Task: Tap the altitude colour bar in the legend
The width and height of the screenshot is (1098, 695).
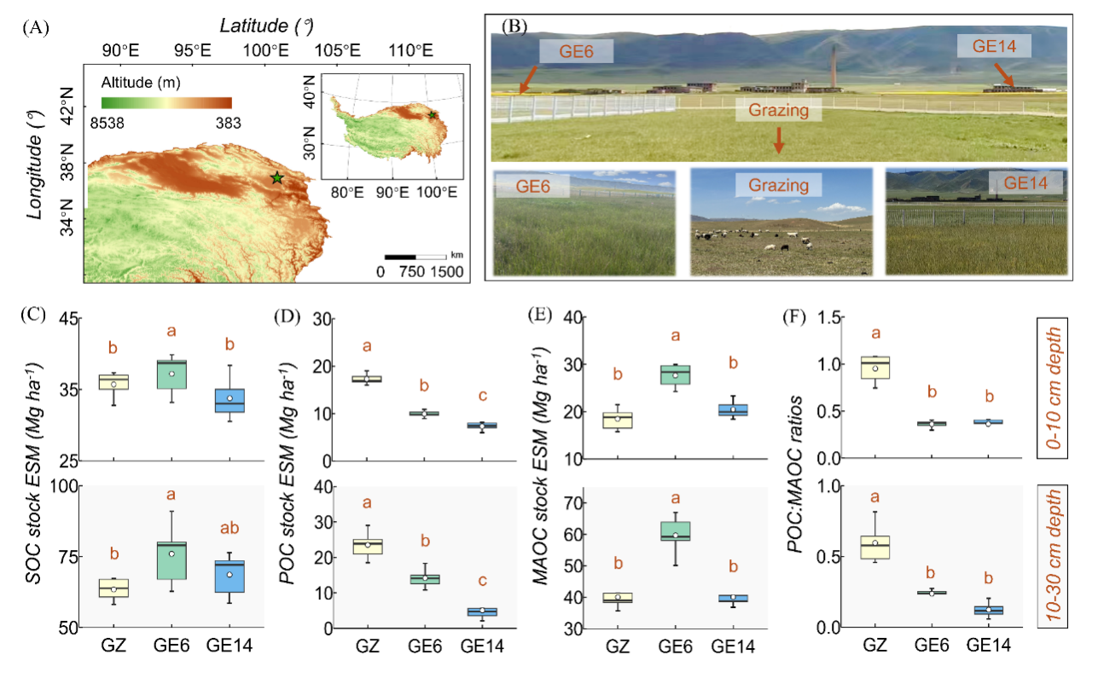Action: tap(166, 102)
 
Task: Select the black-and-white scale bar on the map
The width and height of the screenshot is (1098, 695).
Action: tap(415, 256)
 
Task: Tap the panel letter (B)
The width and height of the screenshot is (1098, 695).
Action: tap(514, 26)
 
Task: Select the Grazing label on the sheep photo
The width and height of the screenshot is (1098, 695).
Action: tap(780, 184)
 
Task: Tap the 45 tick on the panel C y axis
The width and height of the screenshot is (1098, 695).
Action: tap(70, 319)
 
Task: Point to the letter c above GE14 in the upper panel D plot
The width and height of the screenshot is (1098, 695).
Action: tap(483, 396)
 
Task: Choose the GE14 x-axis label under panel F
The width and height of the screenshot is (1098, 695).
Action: tap(989, 647)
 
